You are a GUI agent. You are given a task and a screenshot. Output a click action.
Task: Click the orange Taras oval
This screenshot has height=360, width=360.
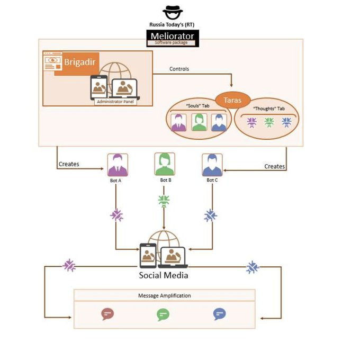231,99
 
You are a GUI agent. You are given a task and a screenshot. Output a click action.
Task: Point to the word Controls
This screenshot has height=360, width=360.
179,69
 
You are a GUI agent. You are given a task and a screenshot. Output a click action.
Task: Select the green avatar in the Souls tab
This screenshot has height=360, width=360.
199,122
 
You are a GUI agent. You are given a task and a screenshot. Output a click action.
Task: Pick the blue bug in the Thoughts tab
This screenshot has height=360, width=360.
286,122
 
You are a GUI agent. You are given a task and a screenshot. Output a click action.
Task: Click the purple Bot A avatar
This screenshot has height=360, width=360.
118,165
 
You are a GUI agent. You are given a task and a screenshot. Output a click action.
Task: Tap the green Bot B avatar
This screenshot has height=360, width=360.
164,164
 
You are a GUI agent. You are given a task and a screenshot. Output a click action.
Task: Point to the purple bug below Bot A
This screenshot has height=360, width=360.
117,215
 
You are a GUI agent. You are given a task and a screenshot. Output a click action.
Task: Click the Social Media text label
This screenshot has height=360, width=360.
164,275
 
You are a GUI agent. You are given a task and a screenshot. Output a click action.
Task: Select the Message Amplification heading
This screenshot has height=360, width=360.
164,295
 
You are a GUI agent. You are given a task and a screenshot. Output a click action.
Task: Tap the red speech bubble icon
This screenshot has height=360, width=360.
107,314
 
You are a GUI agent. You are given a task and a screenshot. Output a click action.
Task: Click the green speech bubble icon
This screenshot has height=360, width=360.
163,314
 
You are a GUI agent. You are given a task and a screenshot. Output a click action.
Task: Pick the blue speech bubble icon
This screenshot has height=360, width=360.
219,314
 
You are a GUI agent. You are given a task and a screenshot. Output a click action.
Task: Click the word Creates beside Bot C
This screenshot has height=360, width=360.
275,166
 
